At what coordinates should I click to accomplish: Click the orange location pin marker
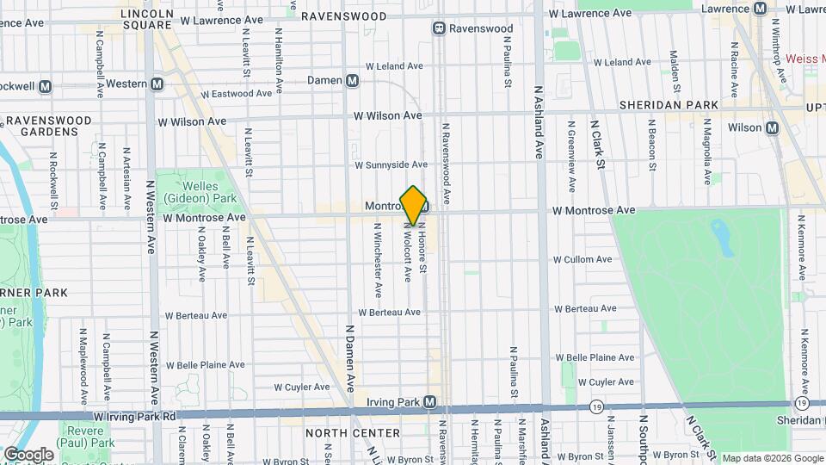414,206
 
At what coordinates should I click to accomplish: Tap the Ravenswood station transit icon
439,28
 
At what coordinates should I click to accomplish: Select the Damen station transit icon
352,80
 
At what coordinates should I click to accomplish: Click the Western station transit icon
157,84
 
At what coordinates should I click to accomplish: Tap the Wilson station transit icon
772,127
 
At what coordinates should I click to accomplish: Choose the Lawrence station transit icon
760,9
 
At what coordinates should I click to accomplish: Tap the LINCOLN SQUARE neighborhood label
146,19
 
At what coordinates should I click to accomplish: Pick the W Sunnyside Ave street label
391,164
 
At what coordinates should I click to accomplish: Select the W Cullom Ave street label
583,259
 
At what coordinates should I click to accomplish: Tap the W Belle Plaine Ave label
595,356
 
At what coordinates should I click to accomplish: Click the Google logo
28,454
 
